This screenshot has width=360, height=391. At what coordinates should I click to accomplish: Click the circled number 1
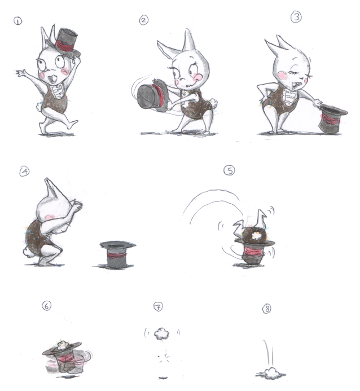pos(17,21)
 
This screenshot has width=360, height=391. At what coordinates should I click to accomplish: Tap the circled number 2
pos(143,20)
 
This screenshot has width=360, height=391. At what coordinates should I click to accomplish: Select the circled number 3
pos(296,17)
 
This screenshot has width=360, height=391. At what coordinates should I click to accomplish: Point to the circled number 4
pos(24,172)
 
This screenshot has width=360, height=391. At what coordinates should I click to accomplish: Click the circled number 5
pos(229,170)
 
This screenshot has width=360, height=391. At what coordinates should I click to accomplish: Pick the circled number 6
pos(47,305)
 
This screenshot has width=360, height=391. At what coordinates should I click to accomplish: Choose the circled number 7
pos(158,306)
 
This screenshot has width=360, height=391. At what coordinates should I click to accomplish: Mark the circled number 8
pos(267,309)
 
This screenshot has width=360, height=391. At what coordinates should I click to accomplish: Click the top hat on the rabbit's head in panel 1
pos(65,42)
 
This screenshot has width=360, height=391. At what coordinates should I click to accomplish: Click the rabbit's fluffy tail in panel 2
pos(213,103)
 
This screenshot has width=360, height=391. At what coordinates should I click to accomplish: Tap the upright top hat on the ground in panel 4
pos(116,254)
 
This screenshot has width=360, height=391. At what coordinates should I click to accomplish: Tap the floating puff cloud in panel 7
pos(161,333)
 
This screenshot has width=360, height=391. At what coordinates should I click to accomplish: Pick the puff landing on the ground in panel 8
pos(271,374)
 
